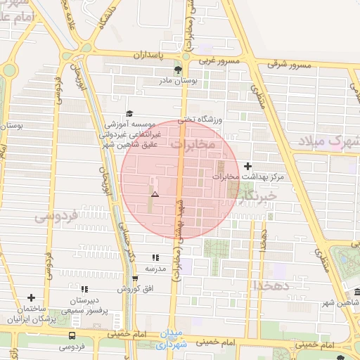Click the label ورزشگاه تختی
pyautogui.click(x=200, y=120)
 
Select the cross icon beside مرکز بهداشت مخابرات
pyautogui.click(x=247, y=166)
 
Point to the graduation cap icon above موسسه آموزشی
pyautogui.click(x=129, y=113)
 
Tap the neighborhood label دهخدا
pyautogui.click(x=268, y=285)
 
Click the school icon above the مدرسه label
pyautogui.click(x=155, y=258)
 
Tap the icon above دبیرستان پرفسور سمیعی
pyautogui.click(x=84, y=289)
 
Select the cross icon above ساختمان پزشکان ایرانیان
pyautogui.click(x=31, y=297)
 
